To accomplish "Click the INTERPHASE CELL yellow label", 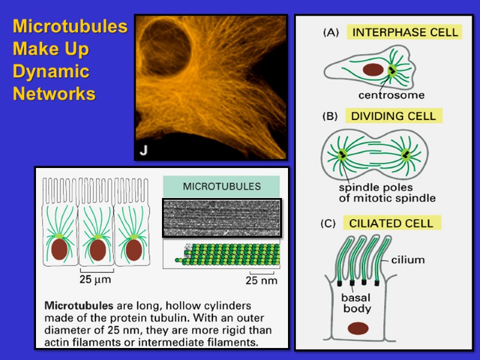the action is click(x=405, y=32).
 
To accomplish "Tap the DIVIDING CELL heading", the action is click(x=394, y=115).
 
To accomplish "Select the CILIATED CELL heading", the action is click(x=391, y=223).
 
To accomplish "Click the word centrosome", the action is click(x=391, y=95).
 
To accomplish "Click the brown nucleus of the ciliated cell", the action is click(x=359, y=328).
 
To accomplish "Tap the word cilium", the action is click(x=408, y=260).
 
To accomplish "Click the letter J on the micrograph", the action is click(x=144, y=150).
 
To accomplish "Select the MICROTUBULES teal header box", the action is click(x=221, y=186).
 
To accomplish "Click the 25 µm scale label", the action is click(x=96, y=279).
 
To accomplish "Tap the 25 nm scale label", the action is click(x=262, y=280).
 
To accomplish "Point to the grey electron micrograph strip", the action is click(x=221, y=218).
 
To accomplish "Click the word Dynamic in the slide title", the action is click(x=51, y=72).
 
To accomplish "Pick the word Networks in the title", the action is click(x=54, y=94).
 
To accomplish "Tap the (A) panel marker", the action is click(x=331, y=33).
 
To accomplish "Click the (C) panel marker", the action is click(x=328, y=224).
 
